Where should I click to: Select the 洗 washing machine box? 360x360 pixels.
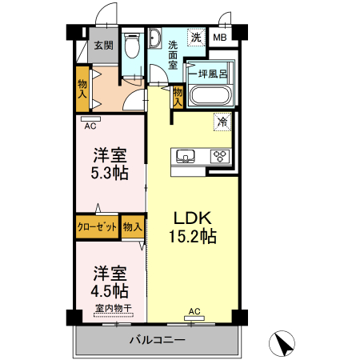(x=195, y=36)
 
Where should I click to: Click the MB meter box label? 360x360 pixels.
(x=218, y=37)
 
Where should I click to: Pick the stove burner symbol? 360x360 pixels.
(x=219, y=156)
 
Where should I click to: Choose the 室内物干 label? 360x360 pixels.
(x=113, y=309)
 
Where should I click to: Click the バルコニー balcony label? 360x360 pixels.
(x=158, y=341)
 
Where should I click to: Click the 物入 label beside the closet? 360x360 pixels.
(x=133, y=227)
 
